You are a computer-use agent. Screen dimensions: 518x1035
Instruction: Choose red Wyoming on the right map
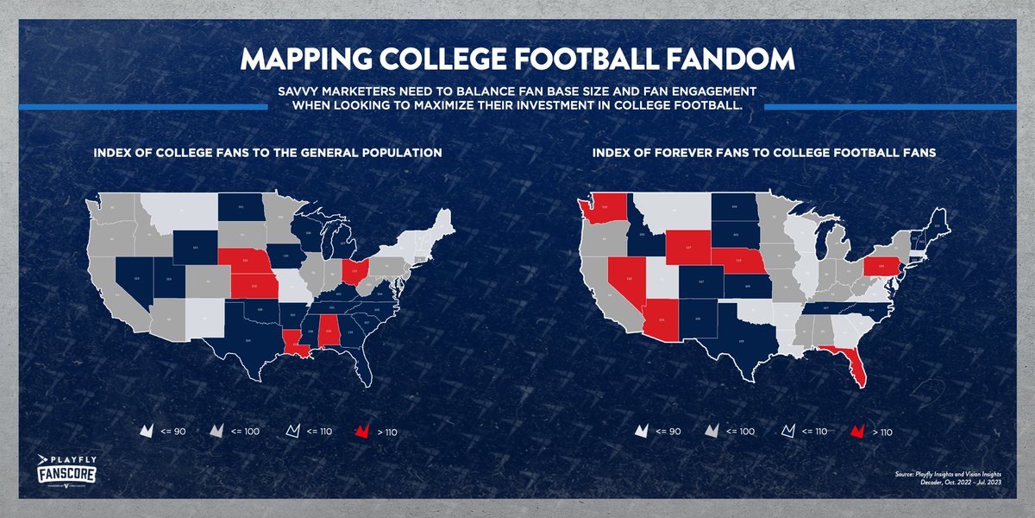pos(688,246)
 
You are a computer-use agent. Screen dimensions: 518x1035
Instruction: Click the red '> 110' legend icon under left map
pos(362,430)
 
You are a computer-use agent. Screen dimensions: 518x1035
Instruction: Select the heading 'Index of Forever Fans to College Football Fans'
pos(764,153)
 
